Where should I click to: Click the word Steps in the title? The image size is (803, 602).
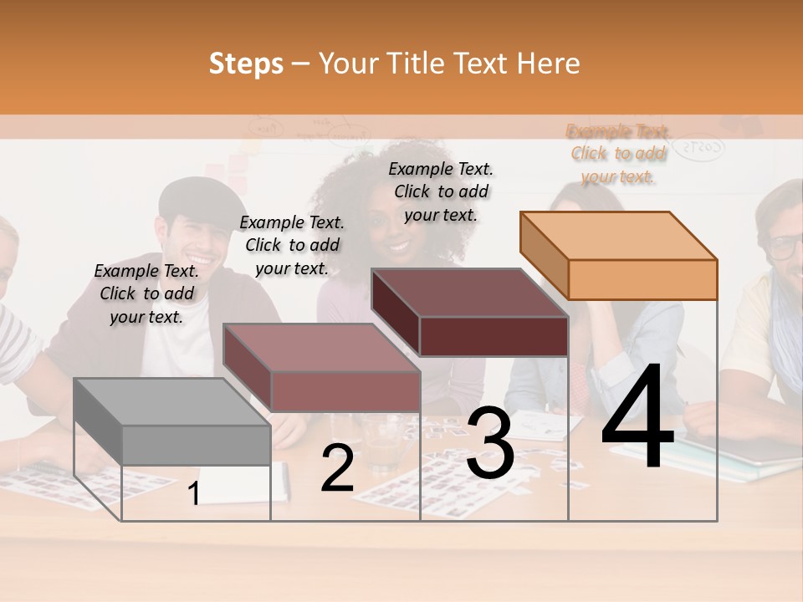(246, 64)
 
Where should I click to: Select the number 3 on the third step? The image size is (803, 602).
(489, 444)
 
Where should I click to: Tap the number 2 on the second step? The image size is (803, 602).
(337, 469)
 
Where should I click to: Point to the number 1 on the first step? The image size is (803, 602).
(193, 494)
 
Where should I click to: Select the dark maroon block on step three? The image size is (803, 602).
(471, 313)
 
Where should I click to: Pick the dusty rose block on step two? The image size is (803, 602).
(322, 368)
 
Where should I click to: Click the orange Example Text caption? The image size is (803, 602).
(618, 154)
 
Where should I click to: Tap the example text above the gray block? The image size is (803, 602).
(146, 293)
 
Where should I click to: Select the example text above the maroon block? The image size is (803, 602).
(441, 191)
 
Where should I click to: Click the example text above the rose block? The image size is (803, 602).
(292, 245)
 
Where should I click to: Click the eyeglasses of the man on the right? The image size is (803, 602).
(785, 246)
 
